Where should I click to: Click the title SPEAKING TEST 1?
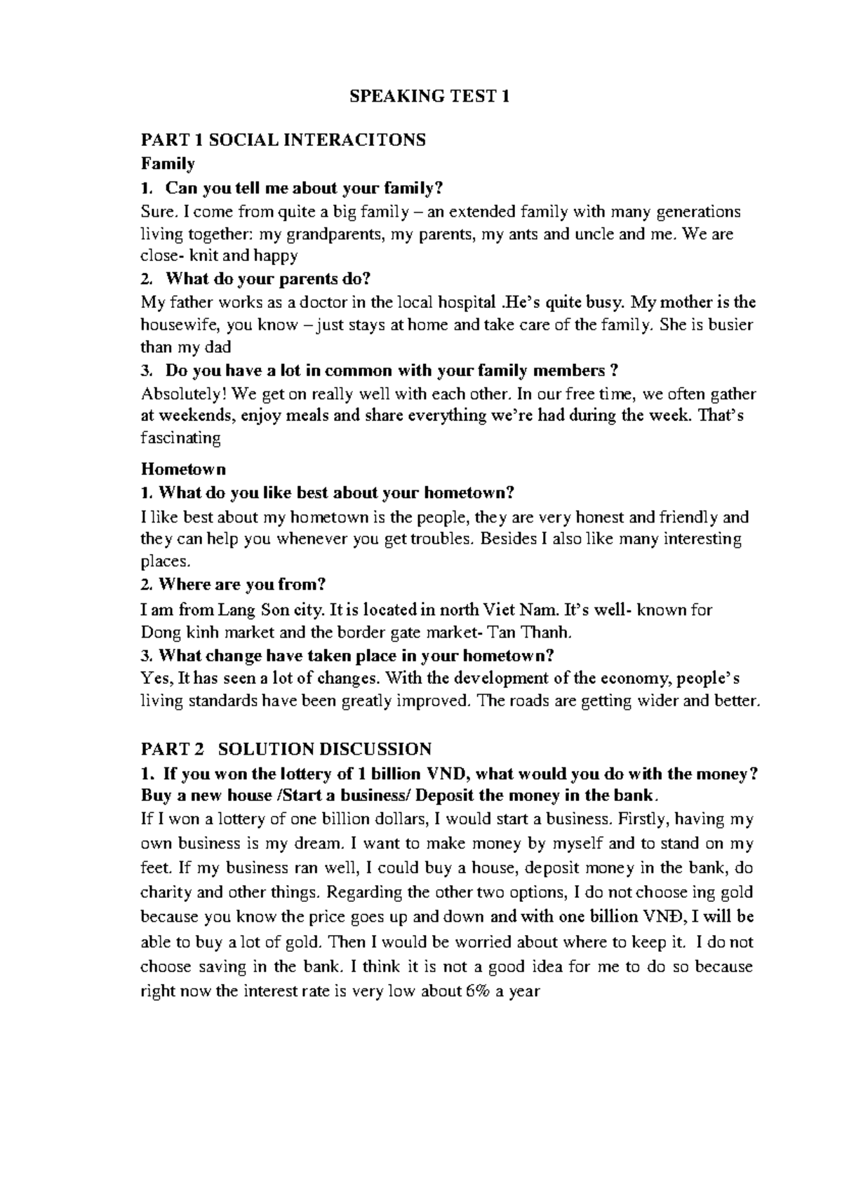tap(429, 97)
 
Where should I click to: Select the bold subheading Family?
tap(168, 163)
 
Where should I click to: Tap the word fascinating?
tap(181, 439)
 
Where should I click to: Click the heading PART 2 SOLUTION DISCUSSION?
tap(286, 748)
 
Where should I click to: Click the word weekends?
tap(194, 416)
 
